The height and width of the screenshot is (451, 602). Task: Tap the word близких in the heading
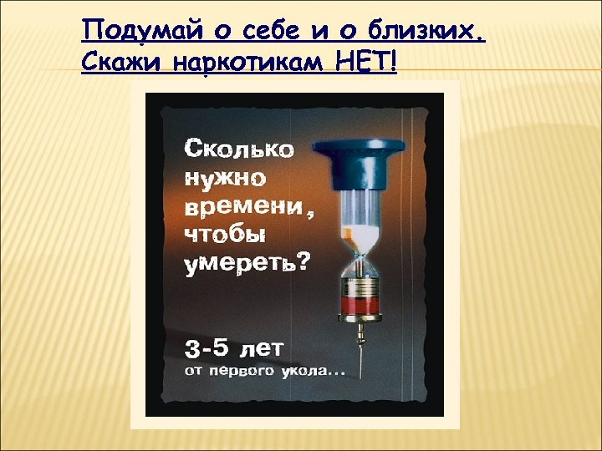[434, 33]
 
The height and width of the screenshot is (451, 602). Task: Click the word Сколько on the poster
[238, 149]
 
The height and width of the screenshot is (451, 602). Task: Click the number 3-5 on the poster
[208, 347]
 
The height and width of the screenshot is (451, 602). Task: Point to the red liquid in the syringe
[360, 307]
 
